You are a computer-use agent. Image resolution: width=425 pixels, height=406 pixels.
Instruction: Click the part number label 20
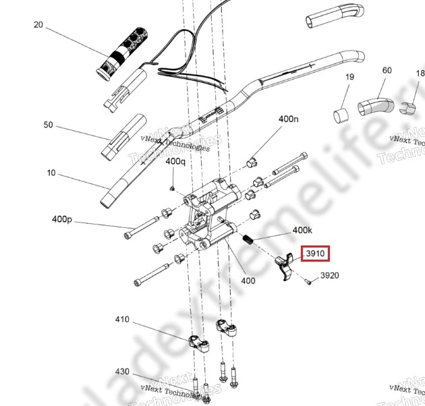[x=38, y=25]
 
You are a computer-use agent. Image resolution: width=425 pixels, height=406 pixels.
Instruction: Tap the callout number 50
[x=48, y=125]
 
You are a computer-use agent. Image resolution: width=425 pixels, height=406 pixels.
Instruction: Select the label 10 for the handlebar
[x=51, y=173]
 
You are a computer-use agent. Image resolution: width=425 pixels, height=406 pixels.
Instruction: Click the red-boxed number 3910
[x=315, y=254]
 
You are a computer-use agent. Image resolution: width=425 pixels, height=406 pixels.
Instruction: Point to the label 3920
[x=329, y=276]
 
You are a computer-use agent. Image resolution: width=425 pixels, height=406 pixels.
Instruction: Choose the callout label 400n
[x=288, y=119]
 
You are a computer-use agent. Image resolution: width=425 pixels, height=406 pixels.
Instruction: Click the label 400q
[x=175, y=162]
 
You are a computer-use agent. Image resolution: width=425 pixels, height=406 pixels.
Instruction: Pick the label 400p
[x=61, y=219]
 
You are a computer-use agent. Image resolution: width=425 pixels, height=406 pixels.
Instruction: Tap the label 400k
[x=302, y=231]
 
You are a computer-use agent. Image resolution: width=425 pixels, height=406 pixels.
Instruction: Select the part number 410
[x=121, y=319]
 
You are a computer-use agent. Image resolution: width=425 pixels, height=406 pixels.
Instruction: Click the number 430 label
[x=121, y=372]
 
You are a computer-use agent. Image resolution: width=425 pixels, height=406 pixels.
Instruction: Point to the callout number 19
[x=349, y=78]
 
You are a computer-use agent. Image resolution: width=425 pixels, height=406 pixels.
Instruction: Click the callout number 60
[x=387, y=71]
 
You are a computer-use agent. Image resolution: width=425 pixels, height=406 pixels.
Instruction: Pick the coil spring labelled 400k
[x=248, y=239]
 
